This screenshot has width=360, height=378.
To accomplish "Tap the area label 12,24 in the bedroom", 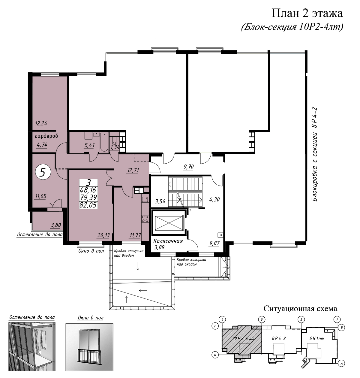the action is coord(41,123).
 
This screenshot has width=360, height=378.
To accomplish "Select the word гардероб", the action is coord(46,136).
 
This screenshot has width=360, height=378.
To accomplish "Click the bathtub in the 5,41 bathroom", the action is coord(104,143).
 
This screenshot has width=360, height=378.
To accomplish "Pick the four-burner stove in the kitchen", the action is coord(145,219).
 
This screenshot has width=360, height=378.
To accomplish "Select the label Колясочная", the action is coord(168,241).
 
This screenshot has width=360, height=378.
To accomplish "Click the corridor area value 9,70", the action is coord(189,167).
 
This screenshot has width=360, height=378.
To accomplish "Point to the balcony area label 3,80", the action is coord(55,225).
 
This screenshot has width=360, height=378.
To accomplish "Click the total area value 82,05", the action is coord(88,205).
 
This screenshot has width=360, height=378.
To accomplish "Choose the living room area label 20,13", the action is coord(104,235).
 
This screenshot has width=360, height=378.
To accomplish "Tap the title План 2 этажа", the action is coord(307,14).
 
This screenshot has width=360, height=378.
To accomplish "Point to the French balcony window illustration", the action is coord(89,349).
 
